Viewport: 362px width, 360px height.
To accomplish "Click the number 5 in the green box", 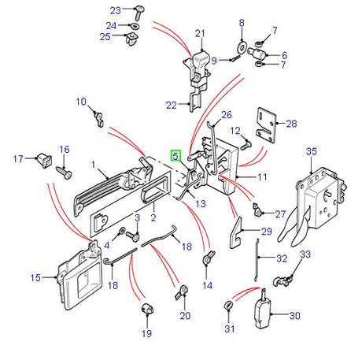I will (177, 156).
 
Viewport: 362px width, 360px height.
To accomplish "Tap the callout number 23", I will (115, 10).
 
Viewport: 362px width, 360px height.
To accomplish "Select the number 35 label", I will (311, 151).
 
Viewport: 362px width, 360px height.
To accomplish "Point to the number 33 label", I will (306, 254).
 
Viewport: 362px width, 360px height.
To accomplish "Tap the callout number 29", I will (265, 231).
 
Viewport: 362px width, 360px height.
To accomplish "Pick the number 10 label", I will (80, 102).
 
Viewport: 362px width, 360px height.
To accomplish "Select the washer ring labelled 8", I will (242, 44).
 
